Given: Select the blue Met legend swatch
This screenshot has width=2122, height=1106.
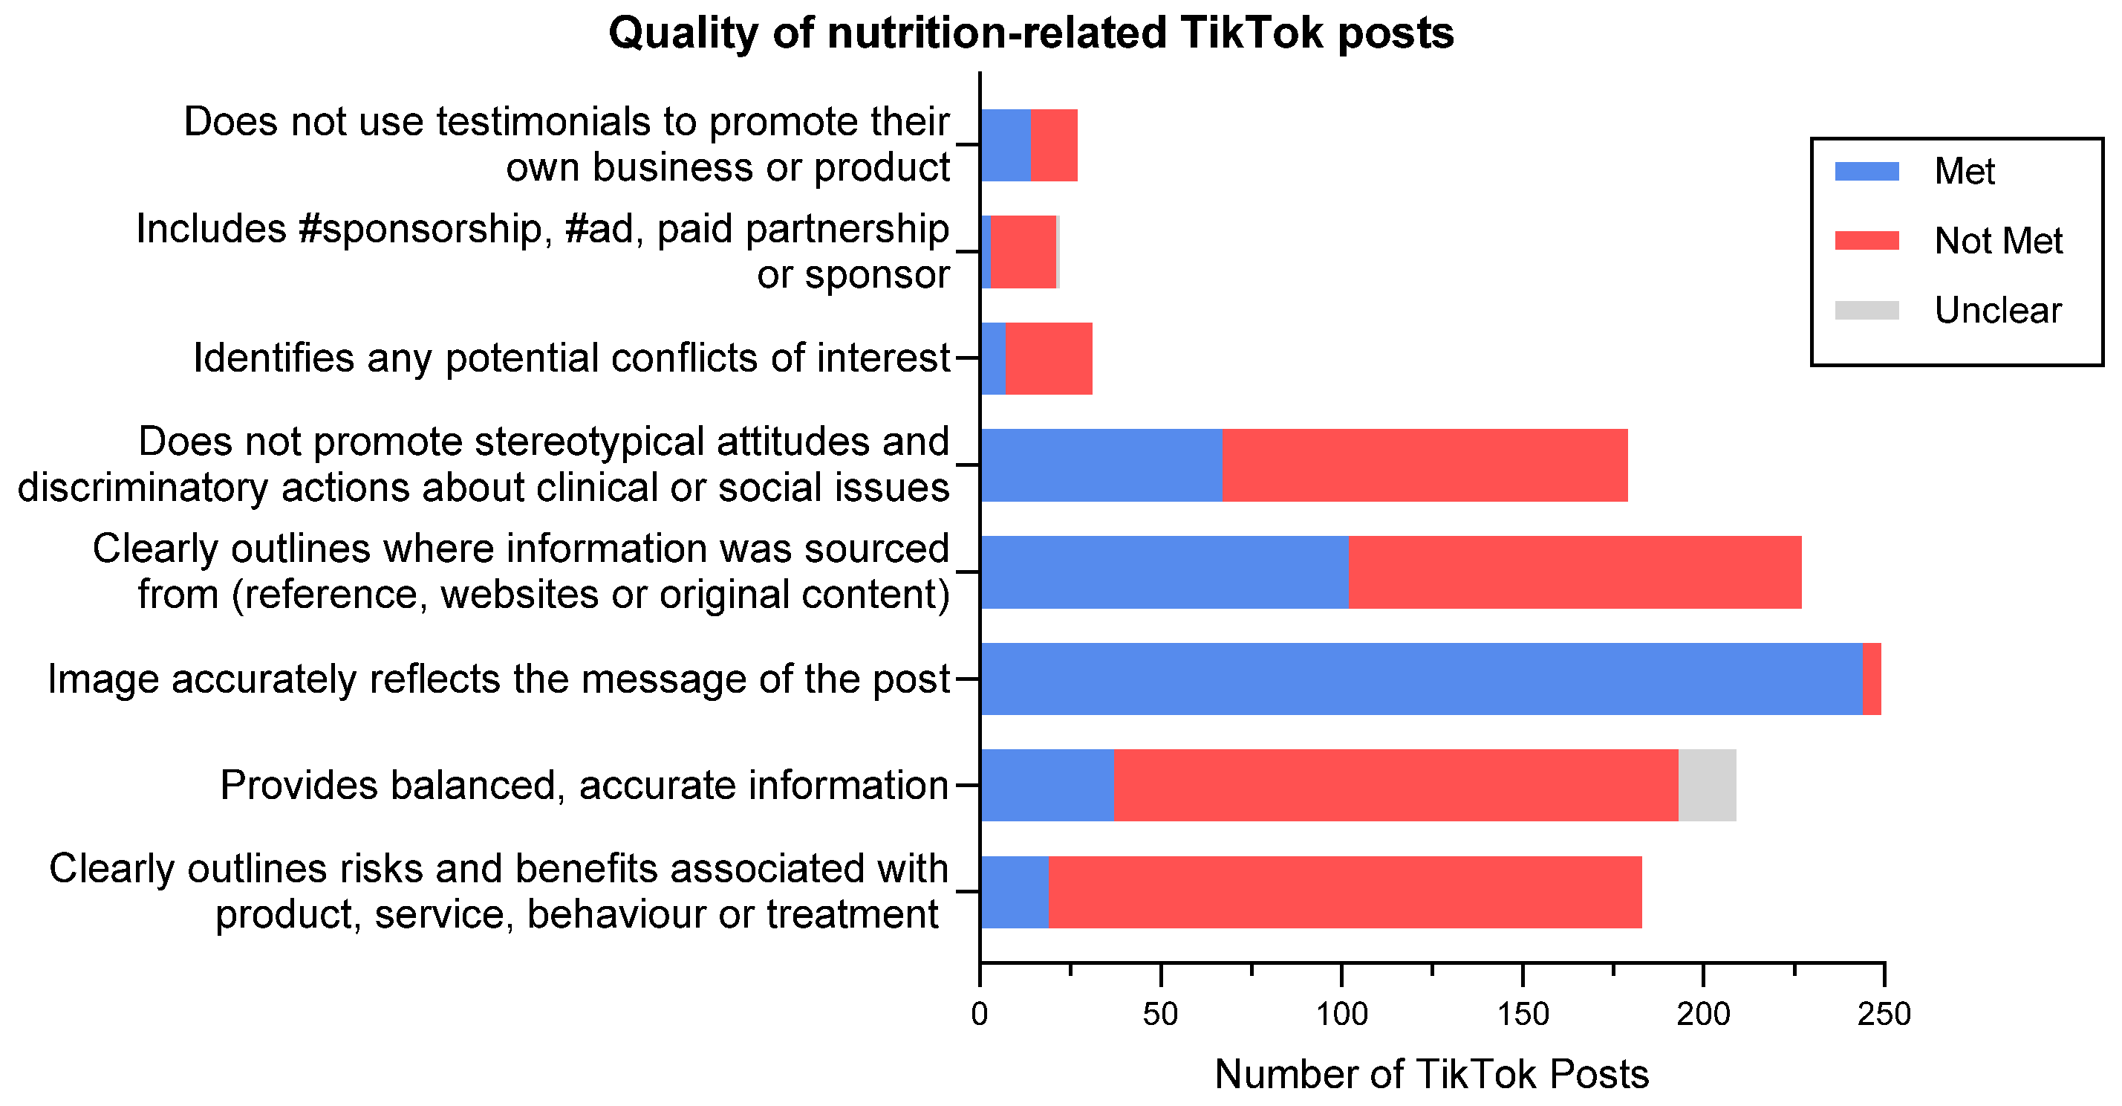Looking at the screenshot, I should coord(1866,172).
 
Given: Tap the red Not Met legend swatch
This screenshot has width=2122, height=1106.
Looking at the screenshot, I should coord(1866,241).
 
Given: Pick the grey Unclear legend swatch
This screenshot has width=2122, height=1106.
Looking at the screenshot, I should coord(1866,311).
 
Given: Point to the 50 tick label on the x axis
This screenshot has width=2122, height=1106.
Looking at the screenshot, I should coord(1160,1014).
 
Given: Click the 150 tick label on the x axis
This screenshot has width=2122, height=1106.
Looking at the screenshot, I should coord(1523,1014).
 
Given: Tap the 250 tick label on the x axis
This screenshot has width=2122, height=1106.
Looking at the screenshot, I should coord(1884,1014).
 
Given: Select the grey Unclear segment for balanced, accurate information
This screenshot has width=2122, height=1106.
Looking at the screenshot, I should coord(1707,786).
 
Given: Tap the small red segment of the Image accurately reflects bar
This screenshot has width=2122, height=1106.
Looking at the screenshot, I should coord(1872,679).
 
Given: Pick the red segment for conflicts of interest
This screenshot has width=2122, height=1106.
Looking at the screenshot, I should coord(1049,358).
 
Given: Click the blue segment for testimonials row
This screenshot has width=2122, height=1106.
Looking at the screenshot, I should coord(1005,145).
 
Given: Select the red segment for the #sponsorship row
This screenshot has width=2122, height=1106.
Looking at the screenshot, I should coord(1023,252).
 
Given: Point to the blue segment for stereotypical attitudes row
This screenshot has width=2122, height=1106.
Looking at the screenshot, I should coord(1101,465).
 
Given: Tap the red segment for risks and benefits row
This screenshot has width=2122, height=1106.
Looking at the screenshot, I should coord(1345,893).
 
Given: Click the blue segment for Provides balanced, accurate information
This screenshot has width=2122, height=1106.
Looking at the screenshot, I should coord(1047,786).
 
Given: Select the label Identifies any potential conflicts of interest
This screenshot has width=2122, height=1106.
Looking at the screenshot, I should coord(572,358).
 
